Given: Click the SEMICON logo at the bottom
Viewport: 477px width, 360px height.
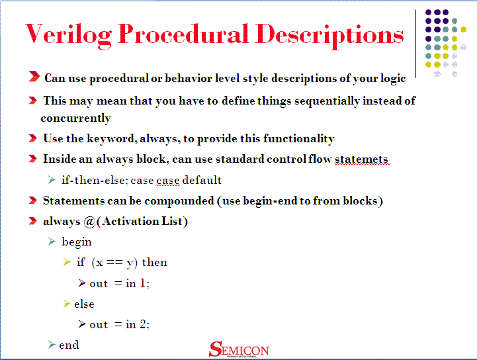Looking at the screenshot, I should point(239,349).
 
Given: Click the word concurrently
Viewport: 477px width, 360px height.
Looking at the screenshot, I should point(75,118).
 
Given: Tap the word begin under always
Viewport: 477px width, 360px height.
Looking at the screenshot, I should point(77,242).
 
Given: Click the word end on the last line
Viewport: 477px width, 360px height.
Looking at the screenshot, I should point(69,345).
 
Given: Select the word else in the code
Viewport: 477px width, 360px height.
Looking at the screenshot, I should point(84,304).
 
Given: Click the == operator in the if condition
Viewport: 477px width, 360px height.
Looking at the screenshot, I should point(115,263).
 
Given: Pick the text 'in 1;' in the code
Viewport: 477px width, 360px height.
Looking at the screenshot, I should point(138,284).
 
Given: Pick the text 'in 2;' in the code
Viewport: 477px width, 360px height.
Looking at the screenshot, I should point(138,324).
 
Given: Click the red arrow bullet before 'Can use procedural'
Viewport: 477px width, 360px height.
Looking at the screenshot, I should point(34,78).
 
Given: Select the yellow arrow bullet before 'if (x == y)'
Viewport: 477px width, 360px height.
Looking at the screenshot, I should point(66,263).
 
